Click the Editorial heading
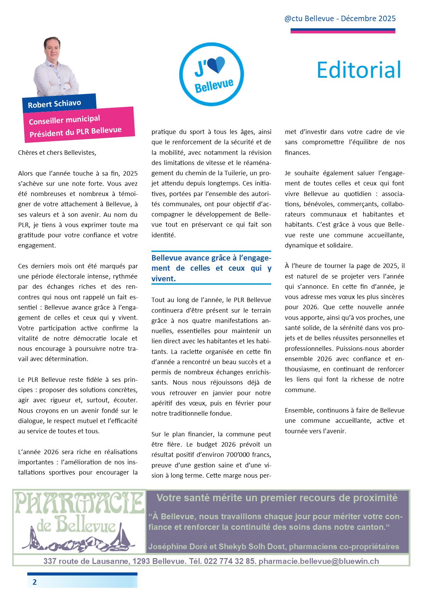(x=359, y=70)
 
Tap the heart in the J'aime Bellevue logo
(x=216, y=64)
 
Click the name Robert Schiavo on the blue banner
(x=55, y=104)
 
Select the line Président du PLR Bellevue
(x=75, y=132)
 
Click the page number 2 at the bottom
(x=34, y=582)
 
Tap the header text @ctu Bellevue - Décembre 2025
(x=340, y=18)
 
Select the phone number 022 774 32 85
(x=229, y=561)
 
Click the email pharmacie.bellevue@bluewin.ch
(x=319, y=561)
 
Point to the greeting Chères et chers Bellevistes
(x=57, y=152)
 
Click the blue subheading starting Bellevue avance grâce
(x=211, y=268)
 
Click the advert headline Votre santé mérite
(x=277, y=498)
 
